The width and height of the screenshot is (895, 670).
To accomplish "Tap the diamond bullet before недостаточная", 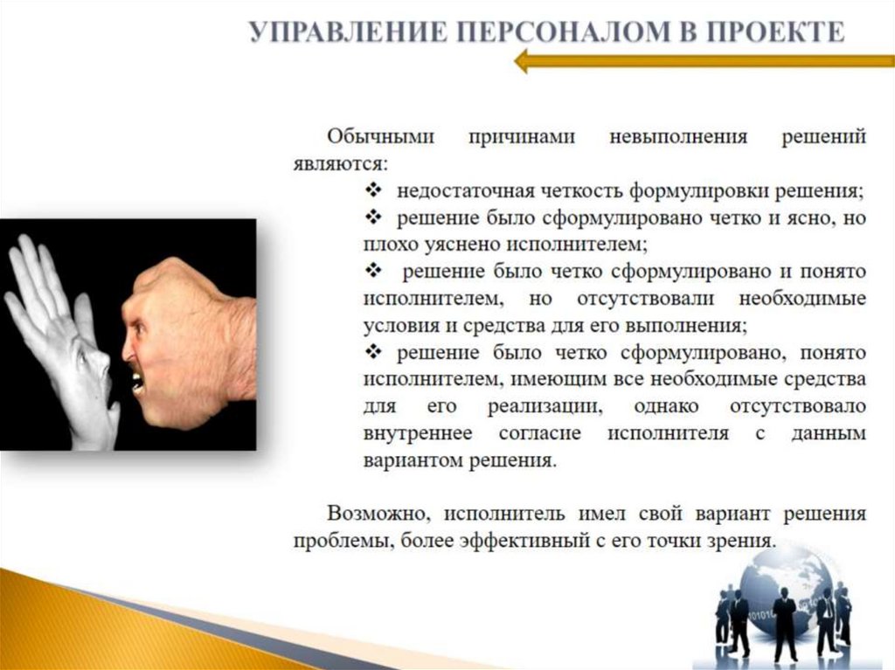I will click(x=371, y=190).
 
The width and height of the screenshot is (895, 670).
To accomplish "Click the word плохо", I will click(x=385, y=244).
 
